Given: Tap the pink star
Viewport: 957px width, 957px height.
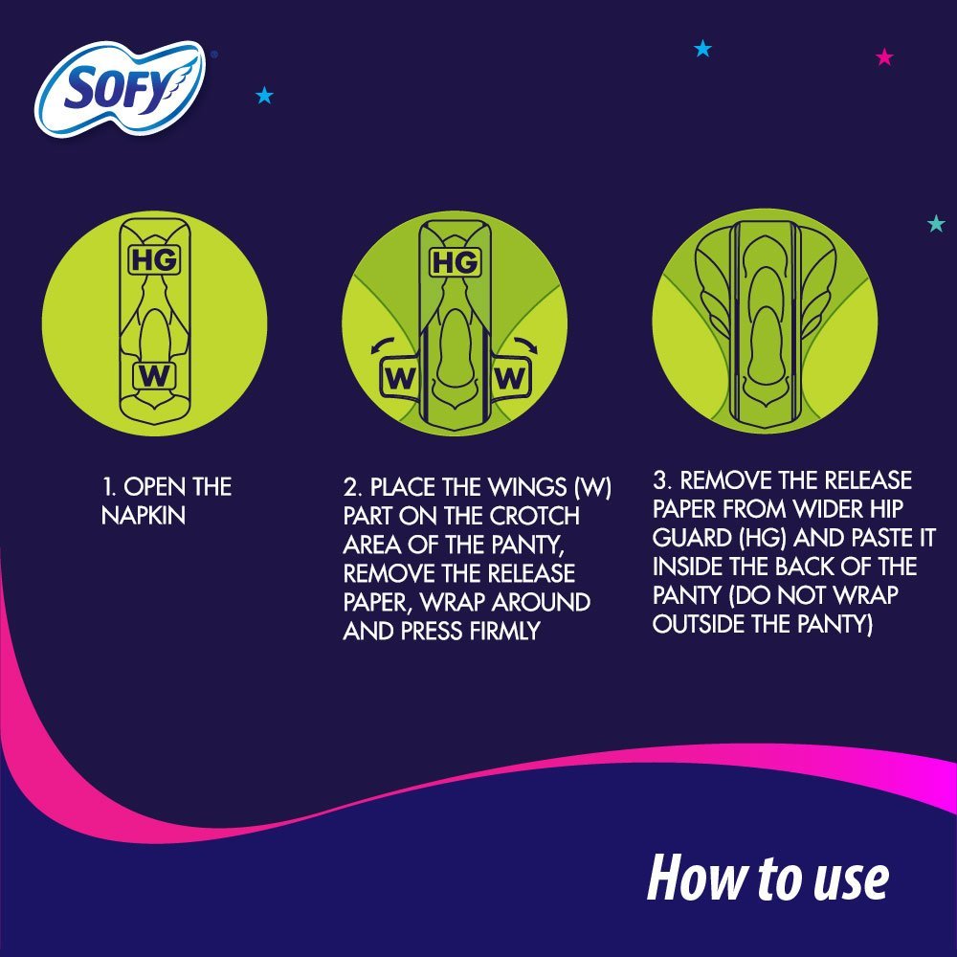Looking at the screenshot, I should [x=884, y=57].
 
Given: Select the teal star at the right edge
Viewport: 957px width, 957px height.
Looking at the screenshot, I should [x=936, y=224].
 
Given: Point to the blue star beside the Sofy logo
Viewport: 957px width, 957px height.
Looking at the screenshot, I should [x=265, y=95].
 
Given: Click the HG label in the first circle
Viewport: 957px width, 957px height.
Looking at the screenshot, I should [x=153, y=259].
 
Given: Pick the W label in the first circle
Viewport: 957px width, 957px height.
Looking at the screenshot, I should [x=153, y=375].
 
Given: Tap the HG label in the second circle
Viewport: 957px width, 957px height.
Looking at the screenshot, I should [x=455, y=262].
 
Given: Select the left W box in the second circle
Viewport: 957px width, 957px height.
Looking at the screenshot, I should [x=400, y=378].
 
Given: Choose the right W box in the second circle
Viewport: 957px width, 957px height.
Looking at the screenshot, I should [x=510, y=378].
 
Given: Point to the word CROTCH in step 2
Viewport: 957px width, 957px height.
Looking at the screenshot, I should [x=535, y=516].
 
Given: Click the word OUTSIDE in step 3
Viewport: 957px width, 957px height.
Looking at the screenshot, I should [x=701, y=624].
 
